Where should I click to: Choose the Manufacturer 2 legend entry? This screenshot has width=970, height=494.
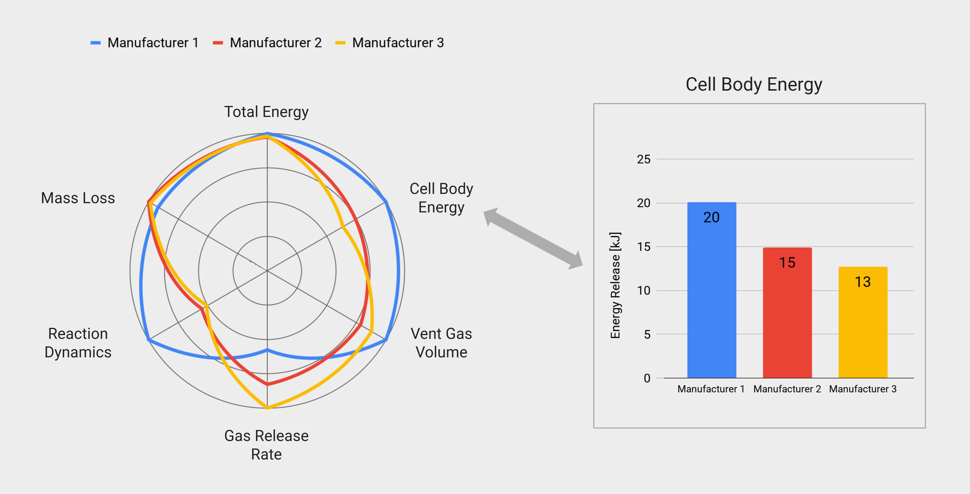267,43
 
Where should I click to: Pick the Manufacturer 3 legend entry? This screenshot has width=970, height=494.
390,43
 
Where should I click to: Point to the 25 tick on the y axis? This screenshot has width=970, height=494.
644,159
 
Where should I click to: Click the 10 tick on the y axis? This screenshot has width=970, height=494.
644,290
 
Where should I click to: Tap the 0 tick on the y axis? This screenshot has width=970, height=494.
647,378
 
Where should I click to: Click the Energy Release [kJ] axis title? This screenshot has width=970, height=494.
615,285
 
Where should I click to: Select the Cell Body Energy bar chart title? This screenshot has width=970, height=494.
753,85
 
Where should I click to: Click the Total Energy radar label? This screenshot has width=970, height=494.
267,112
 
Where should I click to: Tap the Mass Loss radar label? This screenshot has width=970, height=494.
78,198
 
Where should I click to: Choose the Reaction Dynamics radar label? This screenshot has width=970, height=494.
78,343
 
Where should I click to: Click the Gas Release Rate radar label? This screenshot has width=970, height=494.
267,445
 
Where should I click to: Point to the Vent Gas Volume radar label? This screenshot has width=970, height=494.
442,343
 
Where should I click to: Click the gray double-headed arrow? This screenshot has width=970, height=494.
533,238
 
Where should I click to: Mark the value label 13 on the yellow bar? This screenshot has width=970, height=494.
863,282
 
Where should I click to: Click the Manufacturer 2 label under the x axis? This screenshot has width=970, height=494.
787,389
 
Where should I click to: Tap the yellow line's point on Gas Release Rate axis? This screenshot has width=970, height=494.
267,408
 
